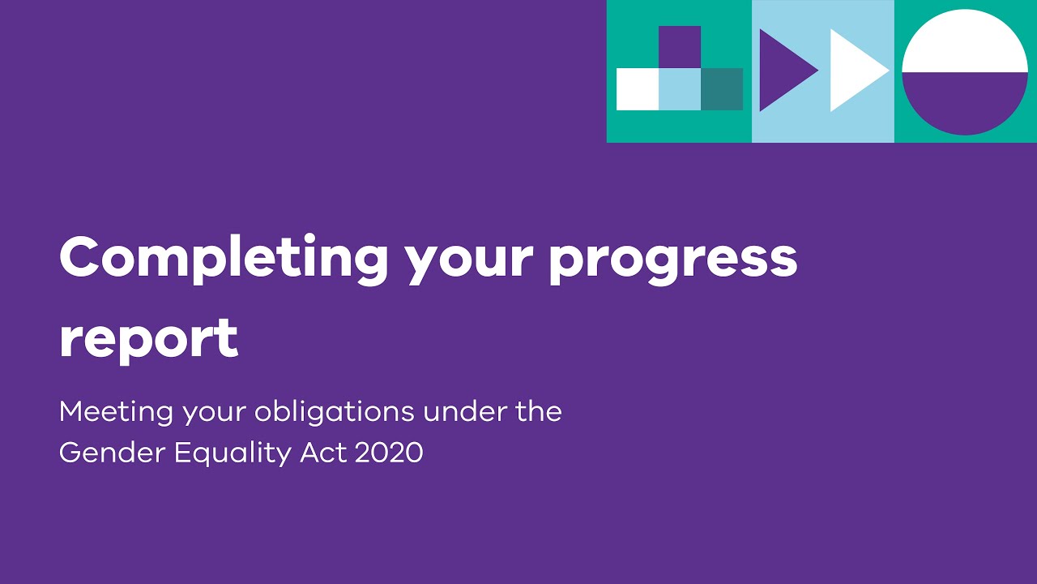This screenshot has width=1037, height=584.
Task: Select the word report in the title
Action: (148, 339)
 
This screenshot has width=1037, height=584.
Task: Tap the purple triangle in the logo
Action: (782, 71)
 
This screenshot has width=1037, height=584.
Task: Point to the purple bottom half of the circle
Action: (965, 101)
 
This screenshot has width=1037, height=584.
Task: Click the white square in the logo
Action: (637, 89)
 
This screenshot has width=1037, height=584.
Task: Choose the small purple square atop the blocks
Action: (680, 47)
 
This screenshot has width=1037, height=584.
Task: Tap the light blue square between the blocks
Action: (680, 89)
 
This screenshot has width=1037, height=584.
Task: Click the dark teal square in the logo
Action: (722, 89)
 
